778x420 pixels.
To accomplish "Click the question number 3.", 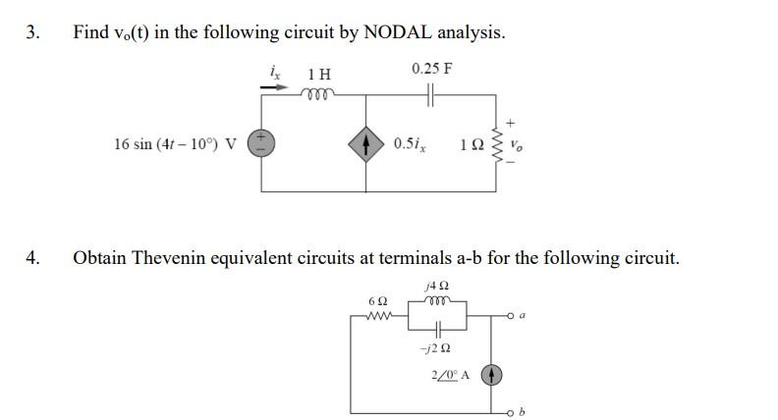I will point(31,32).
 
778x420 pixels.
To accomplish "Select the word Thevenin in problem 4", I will point(167,258).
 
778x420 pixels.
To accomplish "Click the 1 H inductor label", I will point(319,75).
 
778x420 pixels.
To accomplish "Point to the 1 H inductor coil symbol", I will point(320,94).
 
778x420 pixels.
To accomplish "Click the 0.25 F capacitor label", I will point(432,69).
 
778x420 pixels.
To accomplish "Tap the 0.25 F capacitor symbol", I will point(432,94).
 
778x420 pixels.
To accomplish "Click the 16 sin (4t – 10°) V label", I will point(175,144).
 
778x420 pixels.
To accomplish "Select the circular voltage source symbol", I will point(261,143).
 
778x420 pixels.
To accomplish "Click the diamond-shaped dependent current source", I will point(366,144).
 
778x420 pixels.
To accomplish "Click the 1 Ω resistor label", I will point(472,144).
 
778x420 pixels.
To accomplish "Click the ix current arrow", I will point(276,86).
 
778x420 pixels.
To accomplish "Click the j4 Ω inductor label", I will point(432,286).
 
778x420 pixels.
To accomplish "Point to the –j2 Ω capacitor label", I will point(432,348).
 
